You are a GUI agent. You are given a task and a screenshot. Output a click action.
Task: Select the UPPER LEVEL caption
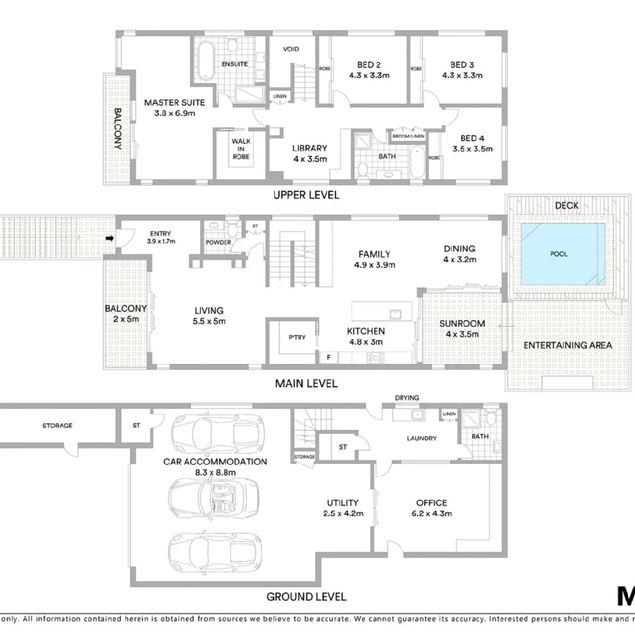tap(306, 195)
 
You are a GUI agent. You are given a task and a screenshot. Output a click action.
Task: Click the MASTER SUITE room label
tap(169, 103)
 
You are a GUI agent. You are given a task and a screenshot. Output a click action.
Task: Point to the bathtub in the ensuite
tap(206, 61)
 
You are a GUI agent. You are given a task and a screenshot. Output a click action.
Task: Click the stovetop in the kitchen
tap(376, 357)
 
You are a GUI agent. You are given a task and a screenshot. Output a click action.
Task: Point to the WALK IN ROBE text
tap(240, 149)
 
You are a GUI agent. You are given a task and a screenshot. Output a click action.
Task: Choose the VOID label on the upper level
tap(292, 49)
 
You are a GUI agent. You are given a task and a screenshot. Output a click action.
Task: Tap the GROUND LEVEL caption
tap(306, 597)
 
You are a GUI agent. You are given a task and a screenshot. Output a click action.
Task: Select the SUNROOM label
tap(463, 323)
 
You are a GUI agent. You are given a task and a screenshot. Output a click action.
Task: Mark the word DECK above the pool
tap(567, 205)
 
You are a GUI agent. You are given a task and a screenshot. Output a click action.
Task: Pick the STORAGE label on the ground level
tap(57, 425)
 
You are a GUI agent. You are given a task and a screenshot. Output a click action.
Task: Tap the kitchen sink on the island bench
tap(396, 313)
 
